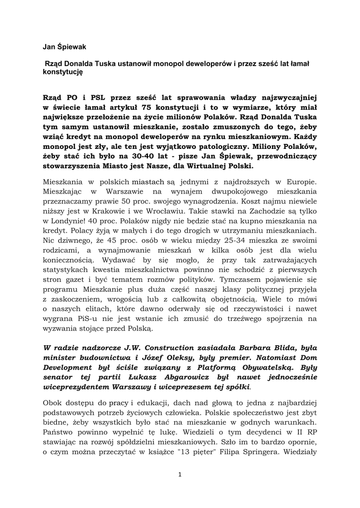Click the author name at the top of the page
click(x=64, y=47)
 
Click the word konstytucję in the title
click(x=63, y=71)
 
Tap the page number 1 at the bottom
click(x=180, y=474)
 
